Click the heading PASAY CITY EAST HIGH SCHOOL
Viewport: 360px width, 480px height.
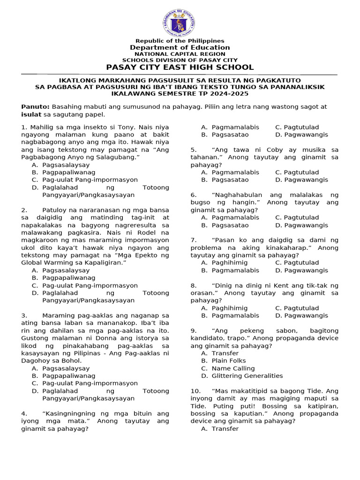coord(180,67)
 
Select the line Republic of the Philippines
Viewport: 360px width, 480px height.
coord(180,41)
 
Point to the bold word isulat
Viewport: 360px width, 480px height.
coord(30,114)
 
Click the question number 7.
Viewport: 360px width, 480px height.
coord(193,240)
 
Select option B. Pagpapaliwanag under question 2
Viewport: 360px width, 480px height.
coord(65,278)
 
